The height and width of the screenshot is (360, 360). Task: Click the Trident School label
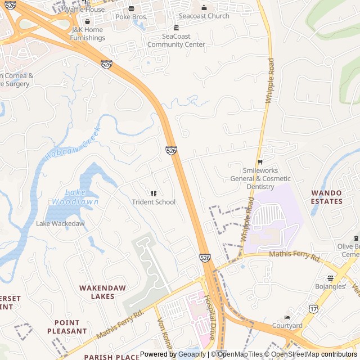pos(154,202)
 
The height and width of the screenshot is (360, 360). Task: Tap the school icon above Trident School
pos(154,193)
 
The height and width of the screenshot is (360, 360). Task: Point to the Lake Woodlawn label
pos(75,197)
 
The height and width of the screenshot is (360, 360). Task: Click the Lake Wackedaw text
pos(60,223)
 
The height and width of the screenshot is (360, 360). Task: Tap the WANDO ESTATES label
pos(326,197)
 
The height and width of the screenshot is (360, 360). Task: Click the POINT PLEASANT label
pos(71,327)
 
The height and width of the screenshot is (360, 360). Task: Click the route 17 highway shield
pos(313,309)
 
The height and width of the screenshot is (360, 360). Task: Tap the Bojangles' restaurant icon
pos(330,278)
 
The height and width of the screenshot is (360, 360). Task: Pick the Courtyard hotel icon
pos(287,317)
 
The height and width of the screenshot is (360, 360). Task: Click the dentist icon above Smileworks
pos(259,162)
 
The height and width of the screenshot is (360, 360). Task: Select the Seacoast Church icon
pos(204,7)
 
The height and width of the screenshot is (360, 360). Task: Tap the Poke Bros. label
pos(131,17)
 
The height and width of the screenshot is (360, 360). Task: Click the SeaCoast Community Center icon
pos(176,28)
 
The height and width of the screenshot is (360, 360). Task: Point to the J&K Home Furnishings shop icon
pos(87,21)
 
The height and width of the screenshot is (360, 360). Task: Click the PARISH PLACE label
pos(111,357)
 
